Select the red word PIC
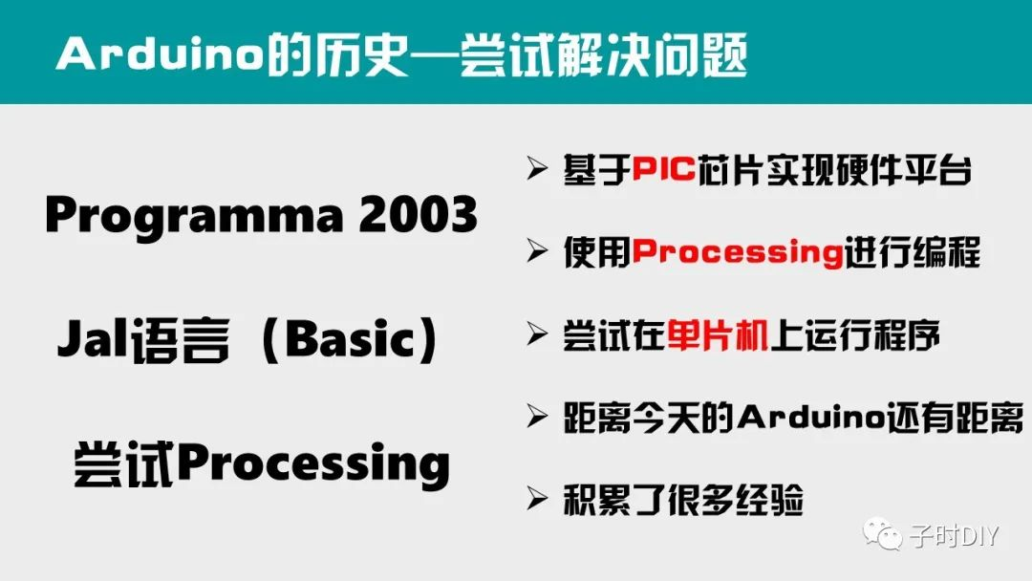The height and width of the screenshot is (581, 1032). (665, 172)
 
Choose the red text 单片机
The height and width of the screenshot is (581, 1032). (716, 335)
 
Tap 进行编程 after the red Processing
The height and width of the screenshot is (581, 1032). (912, 253)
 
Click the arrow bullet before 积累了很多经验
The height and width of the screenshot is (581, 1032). (536, 498)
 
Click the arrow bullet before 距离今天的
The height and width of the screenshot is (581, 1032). (536, 416)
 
